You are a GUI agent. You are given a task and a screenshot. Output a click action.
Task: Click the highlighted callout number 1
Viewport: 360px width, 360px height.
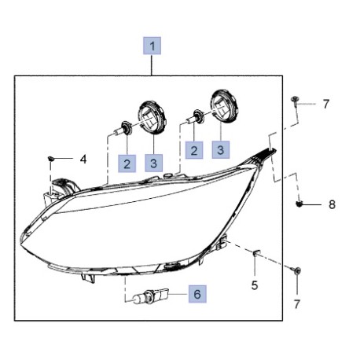point(152,46)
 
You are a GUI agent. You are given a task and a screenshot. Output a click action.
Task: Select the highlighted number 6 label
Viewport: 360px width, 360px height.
point(197,294)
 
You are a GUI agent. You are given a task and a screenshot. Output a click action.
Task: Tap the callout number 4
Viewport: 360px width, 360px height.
point(83,159)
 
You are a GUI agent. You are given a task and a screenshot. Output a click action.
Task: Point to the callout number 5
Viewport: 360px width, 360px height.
point(255,285)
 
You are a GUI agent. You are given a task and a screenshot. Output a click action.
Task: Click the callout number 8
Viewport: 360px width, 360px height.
point(332,204)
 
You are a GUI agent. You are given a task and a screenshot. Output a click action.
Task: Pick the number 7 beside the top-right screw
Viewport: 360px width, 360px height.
point(325,104)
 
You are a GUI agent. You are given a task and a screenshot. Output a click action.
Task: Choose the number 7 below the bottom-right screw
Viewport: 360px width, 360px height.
point(296,304)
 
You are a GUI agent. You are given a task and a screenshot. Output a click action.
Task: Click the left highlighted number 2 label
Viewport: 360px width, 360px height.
point(127,163)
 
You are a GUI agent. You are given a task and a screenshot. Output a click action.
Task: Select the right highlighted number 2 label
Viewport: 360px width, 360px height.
point(194,150)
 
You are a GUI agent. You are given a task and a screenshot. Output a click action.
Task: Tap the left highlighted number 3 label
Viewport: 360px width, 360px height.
point(154,163)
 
